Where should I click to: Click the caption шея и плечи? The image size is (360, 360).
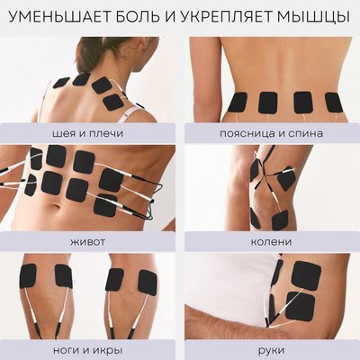[x=89, y=133]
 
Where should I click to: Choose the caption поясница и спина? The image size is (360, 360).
[x=271, y=133]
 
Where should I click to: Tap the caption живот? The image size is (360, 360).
[x=89, y=241]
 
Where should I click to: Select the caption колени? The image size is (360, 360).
[x=271, y=241]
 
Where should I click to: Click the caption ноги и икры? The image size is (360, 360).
[x=89, y=348]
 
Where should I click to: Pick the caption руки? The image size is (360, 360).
[x=271, y=348]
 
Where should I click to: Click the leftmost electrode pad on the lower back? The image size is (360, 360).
[x=238, y=103]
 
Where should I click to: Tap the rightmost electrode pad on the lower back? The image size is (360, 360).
[x=334, y=102]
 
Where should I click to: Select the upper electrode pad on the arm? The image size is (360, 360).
[x=305, y=274]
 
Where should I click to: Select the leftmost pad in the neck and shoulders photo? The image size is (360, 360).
[x=61, y=83]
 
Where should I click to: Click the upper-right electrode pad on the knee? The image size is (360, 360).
[x=286, y=179]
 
